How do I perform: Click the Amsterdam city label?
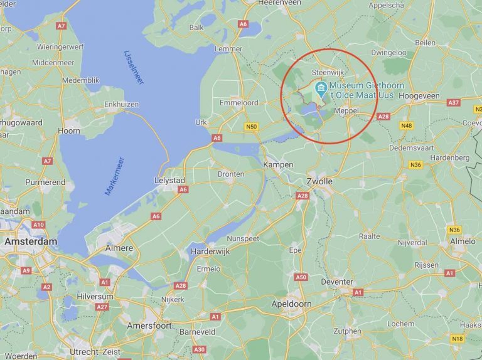[x=31, y=241]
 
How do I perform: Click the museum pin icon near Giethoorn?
[x=321, y=87]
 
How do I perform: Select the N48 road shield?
[x=407, y=125]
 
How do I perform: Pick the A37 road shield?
[x=453, y=102]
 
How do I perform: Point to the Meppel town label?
[x=346, y=110]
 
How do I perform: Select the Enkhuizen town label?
[x=122, y=103]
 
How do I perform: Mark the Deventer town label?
[x=337, y=282]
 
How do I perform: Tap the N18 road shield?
[x=457, y=339]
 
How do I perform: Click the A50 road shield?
[x=301, y=277]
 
